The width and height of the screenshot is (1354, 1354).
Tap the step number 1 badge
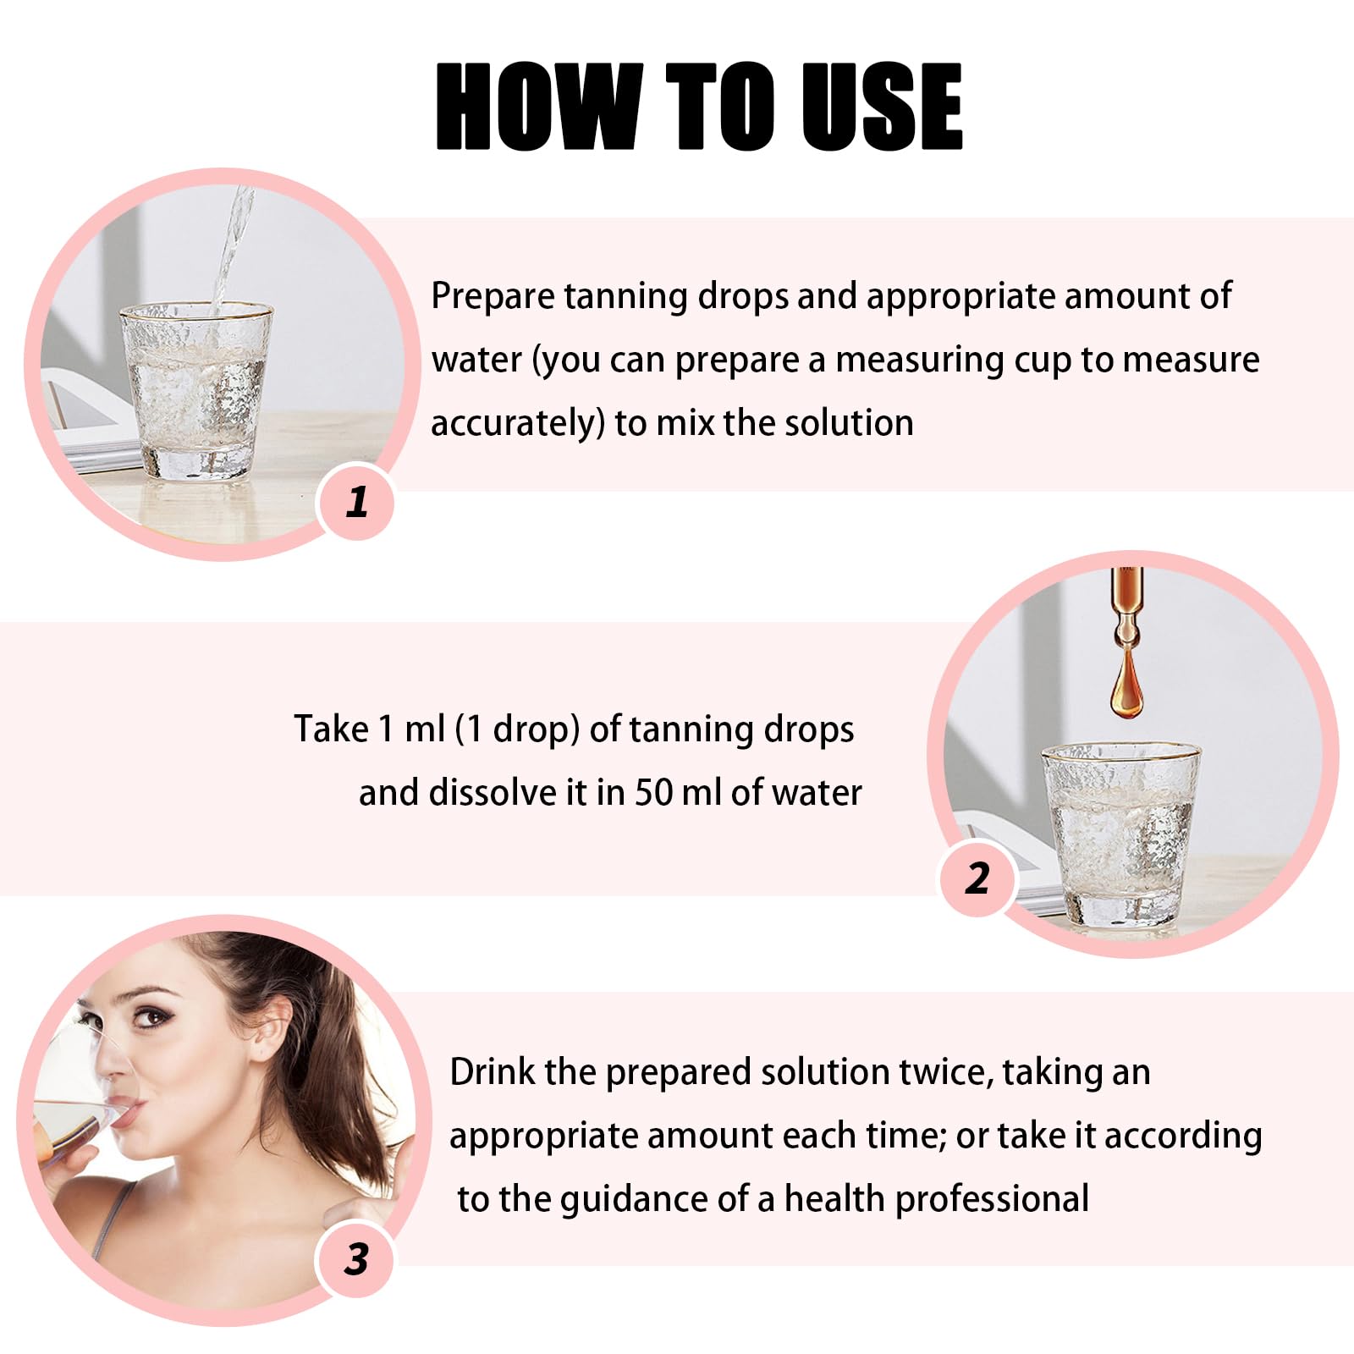pos(356,502)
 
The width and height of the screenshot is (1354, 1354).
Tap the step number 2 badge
pos(977,878)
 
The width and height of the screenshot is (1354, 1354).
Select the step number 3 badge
pos(356,1258)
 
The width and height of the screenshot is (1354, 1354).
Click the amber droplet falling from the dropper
pos(1126,687)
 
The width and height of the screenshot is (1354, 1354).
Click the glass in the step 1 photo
pos(196,392)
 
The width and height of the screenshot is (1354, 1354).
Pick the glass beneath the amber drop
pos(1120,834)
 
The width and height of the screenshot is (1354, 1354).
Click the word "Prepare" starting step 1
pos(493,297)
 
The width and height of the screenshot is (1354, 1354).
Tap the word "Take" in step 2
pos(331,729)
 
